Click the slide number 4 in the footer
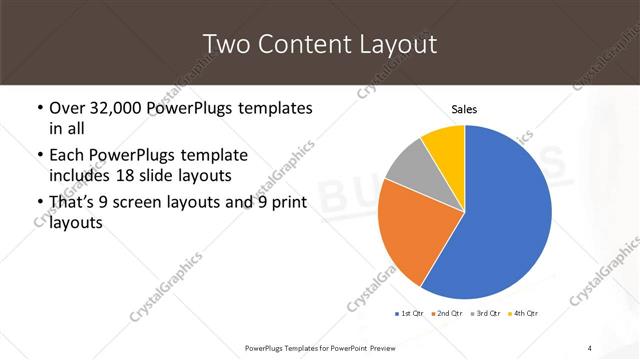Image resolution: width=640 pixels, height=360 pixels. click(x=590, y=347)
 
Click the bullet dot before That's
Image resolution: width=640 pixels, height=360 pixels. click(x=38, y=204)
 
